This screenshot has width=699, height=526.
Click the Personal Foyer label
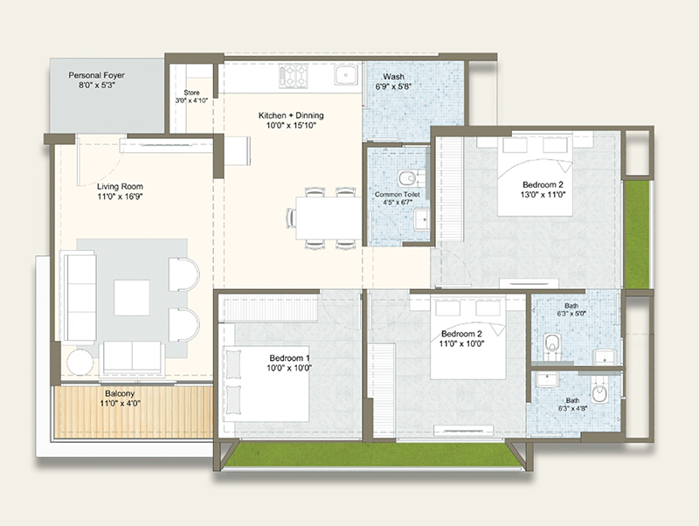click(96, 75)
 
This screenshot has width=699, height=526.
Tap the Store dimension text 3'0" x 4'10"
click(191, 100)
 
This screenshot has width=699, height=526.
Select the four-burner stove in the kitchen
click(294, 76)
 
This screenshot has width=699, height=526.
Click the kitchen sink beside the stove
click(346, 75)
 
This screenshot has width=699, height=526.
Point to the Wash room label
click(394, 77)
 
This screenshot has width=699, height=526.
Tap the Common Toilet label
click(398, 194)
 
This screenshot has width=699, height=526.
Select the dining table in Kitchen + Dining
click(329, 218)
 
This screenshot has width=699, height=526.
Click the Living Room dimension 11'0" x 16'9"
click(120, 196)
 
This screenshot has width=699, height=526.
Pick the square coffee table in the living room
click(132, 297)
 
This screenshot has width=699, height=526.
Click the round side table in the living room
click(80, 362)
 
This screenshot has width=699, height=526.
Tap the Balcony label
click(120, 393)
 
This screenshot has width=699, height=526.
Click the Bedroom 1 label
click(289, 358)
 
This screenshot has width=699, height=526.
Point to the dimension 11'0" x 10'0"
click(461, 343)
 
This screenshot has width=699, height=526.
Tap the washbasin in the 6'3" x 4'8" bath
click(547, 380)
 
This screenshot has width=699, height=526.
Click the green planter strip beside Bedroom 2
click(637, 234)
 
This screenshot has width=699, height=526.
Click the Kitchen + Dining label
click(291, 115)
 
